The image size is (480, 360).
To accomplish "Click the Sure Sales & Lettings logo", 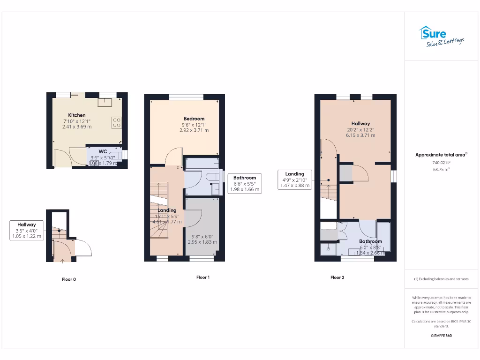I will tap(441, 37).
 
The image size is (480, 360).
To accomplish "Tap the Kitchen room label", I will tap(77, 115).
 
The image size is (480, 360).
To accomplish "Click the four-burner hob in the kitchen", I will tap(116, 123).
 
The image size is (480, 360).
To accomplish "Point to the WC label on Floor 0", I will tap(103, 151).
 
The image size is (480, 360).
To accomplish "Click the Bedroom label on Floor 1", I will tap(194, 119).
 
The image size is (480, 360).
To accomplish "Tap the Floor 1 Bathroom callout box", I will tap(245, 183).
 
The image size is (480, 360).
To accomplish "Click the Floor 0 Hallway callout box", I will tap(27, 231).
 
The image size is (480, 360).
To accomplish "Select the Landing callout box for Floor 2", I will tap(295, 180).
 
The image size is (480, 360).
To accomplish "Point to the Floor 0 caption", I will tap(69, 279).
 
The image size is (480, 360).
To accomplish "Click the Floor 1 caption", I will tap(203, 277).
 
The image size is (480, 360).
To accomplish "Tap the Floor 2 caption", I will tap(337, 277).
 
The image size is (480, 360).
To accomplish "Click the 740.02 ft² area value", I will tap(441, 163).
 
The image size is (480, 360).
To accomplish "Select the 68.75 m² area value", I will tap(441, 169).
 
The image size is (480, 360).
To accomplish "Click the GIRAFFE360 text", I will tap(441, 336).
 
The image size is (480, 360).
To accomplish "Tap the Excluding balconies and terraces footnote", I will tap(441, 279).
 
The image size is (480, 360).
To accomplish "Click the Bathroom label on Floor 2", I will tap(370, 241).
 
